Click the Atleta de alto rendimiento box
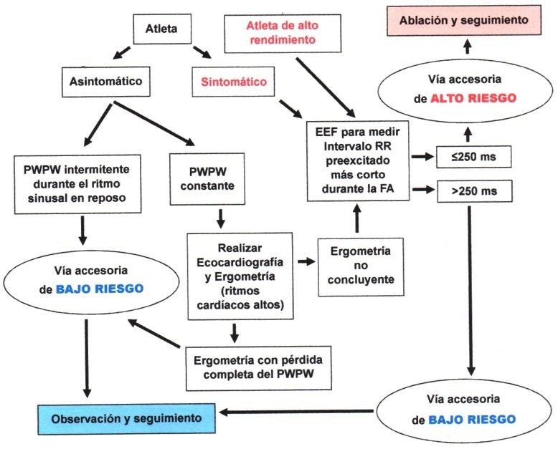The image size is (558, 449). (280, 32)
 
